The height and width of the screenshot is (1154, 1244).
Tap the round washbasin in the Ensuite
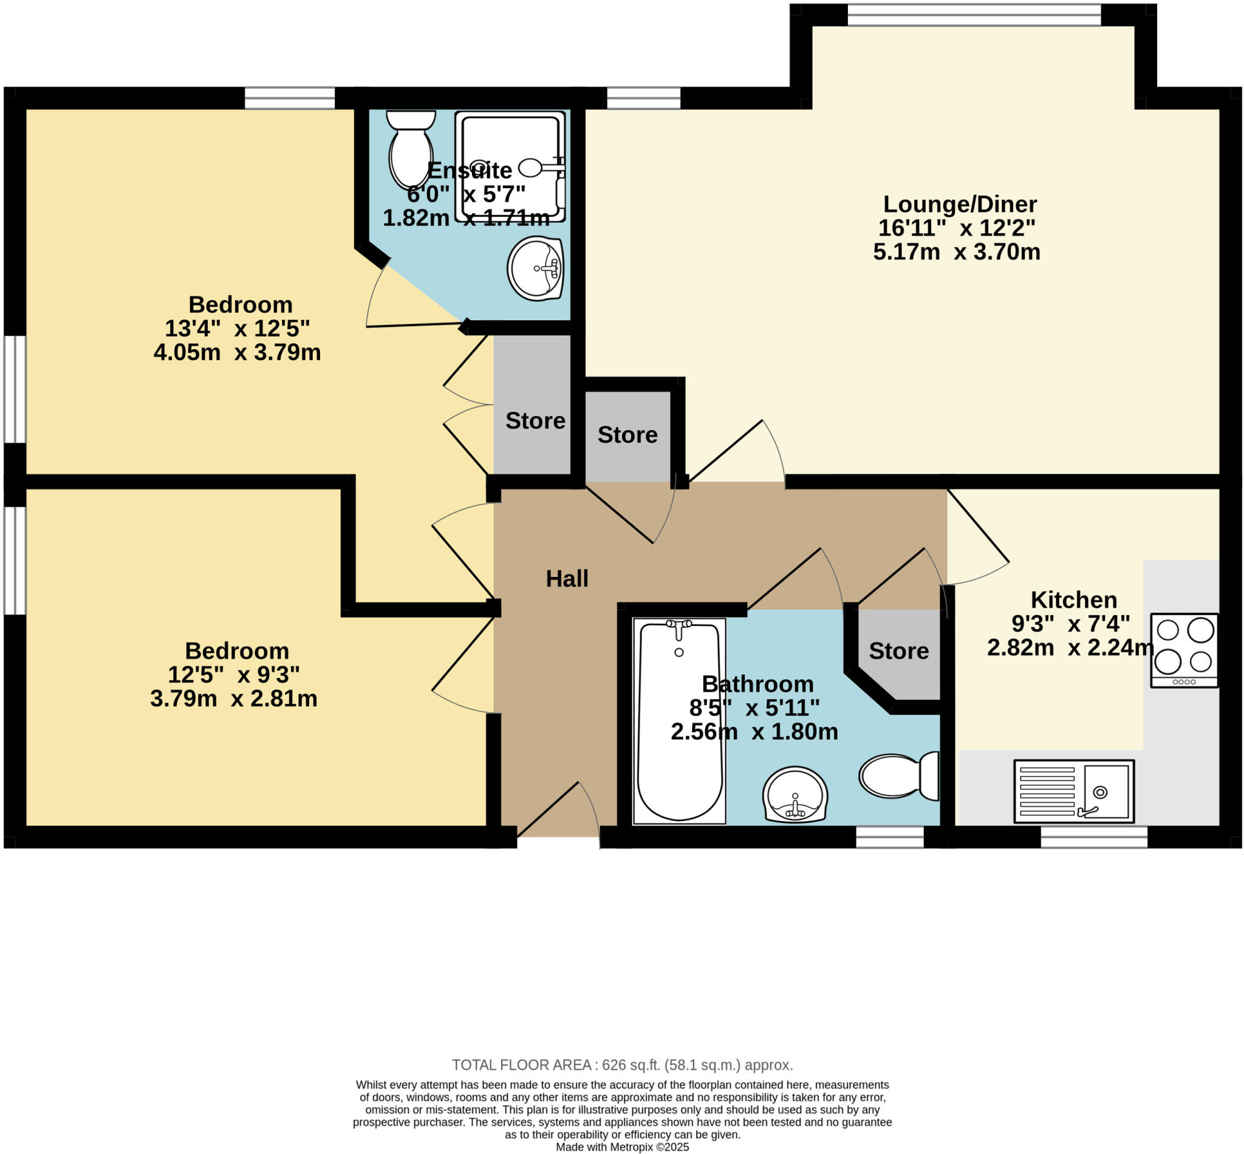(535, 268)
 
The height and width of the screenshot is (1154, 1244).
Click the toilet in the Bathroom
(898, 776)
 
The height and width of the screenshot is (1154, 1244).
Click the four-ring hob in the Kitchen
(1184, 650)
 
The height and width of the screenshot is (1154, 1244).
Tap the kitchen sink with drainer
(1073, 791)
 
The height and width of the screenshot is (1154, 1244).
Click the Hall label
(566, 579)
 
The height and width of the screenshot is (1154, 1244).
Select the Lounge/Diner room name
(959, 204)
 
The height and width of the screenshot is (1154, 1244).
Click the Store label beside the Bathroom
(898, 650)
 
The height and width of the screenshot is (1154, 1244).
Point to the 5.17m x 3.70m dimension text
(956, 252)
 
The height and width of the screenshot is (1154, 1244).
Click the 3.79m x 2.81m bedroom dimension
(234, 698)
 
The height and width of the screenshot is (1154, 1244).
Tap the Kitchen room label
(1073, 599)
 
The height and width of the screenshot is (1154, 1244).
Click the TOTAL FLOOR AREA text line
(622, 1065)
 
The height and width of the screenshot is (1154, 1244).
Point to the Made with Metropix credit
(622, 1147)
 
